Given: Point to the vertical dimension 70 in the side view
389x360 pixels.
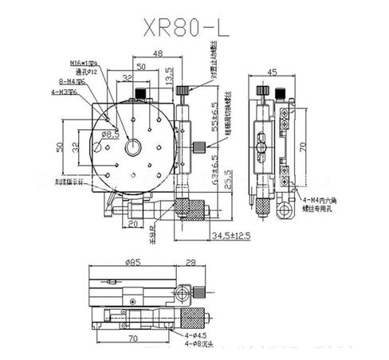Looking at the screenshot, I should [x=301, y=147].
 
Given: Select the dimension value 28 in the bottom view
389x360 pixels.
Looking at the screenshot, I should [x=189, y=262].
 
